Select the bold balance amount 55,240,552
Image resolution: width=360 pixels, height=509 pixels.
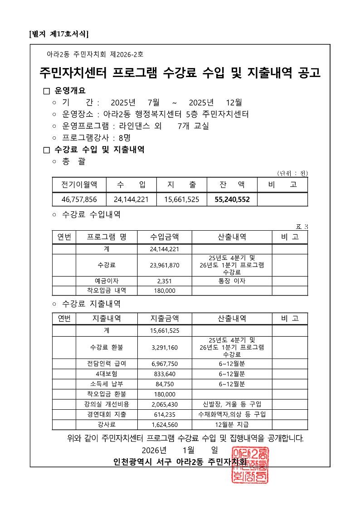point(231,199)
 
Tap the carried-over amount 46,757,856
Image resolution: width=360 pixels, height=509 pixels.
point(79,199)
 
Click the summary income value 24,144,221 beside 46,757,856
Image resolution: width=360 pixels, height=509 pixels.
point(131,199)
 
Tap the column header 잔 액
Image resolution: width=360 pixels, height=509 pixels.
point(231,184)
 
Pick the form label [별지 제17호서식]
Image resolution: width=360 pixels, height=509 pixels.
point(58,34)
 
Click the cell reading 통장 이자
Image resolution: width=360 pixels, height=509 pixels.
point(232,281)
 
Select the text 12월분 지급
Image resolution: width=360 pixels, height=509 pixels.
point(232,425)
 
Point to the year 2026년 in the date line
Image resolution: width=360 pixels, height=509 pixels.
point(154,450)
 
